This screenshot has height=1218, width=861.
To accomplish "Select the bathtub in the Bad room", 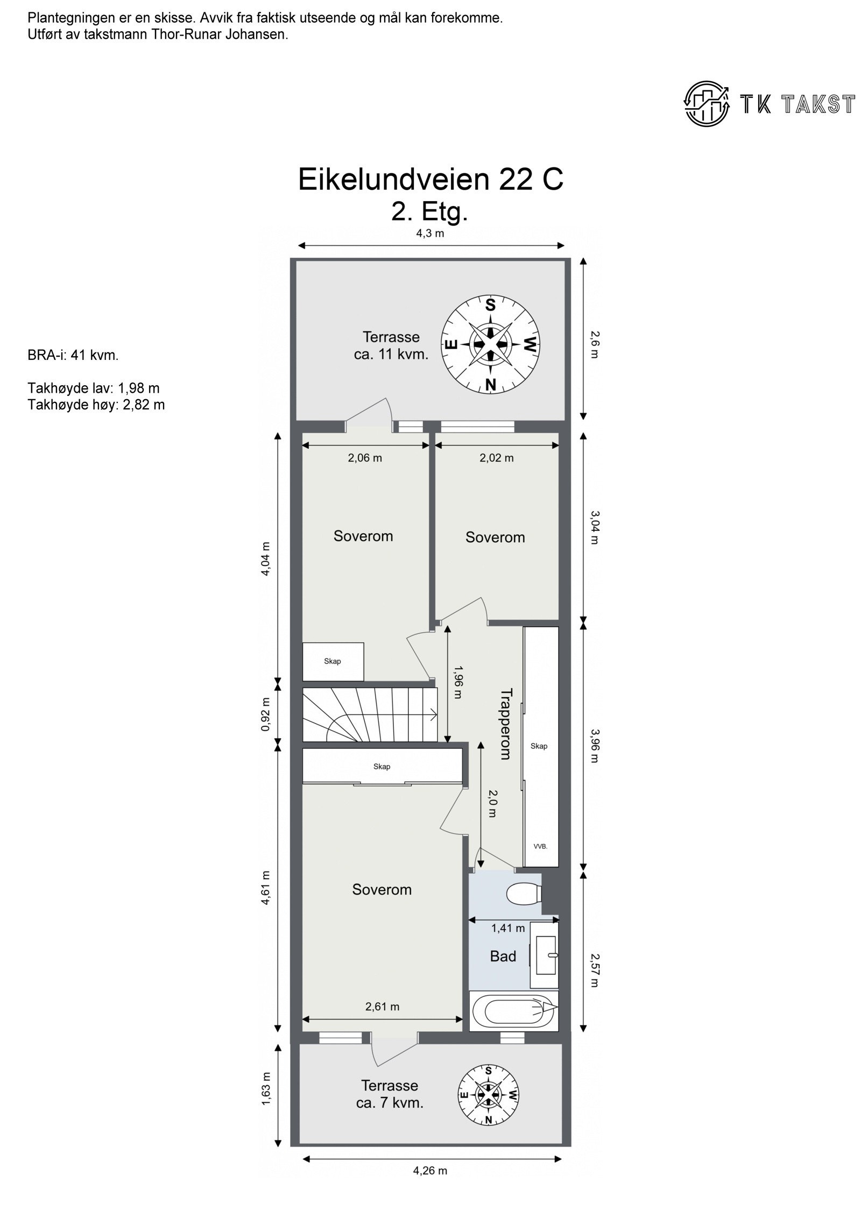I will [513, 1011].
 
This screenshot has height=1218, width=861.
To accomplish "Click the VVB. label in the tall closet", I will [540, 846].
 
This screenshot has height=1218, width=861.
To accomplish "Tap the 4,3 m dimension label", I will [429, 233].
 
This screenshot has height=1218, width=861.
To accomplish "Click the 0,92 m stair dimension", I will [265, 714].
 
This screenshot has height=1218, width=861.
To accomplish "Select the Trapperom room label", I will [505, 724].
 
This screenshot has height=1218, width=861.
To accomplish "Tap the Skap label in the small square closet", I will [332, 661].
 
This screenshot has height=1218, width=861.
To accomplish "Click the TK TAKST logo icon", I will [707, 104].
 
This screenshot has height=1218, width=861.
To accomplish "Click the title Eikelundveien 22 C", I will [430, 180].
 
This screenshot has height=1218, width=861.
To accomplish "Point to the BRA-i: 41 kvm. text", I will [73, 356].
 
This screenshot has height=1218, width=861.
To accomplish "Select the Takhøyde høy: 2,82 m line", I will [96, 405].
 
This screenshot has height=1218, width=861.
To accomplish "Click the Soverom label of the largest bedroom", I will [382, 890].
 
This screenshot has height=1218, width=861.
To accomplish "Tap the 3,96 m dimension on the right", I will [594, 745].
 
